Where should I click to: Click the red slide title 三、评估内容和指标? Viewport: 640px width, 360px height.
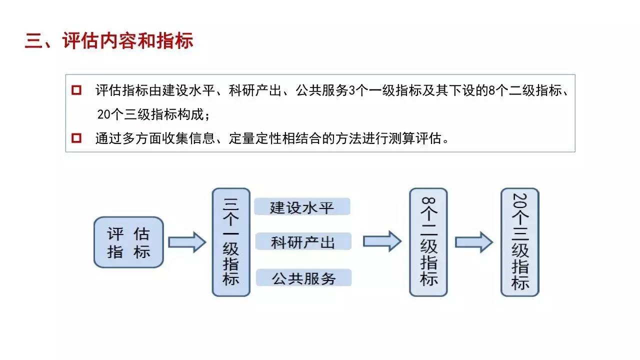(x=109, y=41)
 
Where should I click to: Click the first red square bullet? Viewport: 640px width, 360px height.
(x=76, y=90)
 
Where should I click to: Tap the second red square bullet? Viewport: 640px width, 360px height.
(x=76, y=137)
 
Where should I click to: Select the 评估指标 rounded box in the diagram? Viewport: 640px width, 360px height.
(x=128, y=242)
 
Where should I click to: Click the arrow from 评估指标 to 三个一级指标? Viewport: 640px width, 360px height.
(x=186, y=242)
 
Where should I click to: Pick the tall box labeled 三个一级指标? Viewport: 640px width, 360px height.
(x=230, y=242)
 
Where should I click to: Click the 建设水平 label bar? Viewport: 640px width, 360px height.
(x=302, y=206)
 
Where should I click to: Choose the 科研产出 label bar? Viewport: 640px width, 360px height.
(x=303, y=242)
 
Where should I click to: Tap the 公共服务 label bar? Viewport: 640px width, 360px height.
(x=303, y=277)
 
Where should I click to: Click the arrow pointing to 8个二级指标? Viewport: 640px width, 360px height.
(x=381, y=242)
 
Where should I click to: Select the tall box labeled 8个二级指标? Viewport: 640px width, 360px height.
(x=428, y=242)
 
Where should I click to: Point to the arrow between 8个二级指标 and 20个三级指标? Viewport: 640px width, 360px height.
(x=473, y=242)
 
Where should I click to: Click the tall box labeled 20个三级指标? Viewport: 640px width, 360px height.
(x=520, y=242)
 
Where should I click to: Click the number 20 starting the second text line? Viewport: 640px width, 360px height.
(x=103, y=114)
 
